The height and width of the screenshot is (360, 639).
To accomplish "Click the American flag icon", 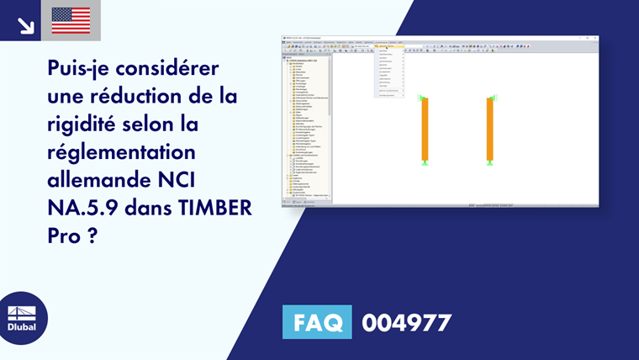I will (x=71, y=20).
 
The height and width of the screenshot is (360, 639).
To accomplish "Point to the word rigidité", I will (x=84, y=124).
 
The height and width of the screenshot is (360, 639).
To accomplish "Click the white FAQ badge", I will (x=318, y=322).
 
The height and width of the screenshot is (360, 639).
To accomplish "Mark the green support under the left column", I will (x=425, y=162).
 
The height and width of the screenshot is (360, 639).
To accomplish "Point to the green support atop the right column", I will (x=490, y=98).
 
